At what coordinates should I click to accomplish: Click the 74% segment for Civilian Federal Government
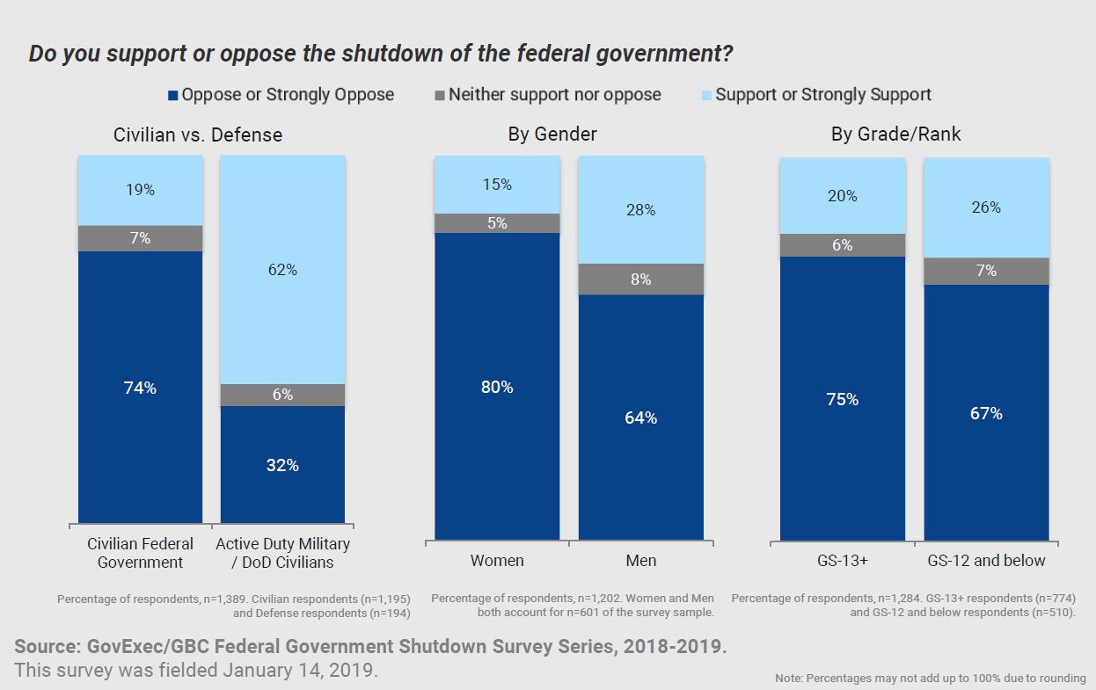(140, 388)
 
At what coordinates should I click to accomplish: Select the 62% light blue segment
(282, 270)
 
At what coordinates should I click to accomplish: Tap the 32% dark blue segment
(282, 465)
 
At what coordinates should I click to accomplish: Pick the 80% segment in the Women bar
(497, 387)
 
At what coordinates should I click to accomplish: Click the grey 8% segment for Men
(640, 280)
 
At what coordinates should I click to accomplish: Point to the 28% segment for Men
(640, 210)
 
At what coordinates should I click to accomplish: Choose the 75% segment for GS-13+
(843, 399)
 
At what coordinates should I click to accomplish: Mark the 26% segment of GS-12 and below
(987, 207)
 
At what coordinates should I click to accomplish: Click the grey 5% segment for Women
(497, 223)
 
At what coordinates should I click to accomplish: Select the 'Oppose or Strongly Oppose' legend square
(173, 95)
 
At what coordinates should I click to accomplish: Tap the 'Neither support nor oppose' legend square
(439, 95)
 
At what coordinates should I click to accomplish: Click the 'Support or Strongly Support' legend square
(706, 95)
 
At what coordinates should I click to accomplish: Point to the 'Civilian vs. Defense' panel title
(198, 135)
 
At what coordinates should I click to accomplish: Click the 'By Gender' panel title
(552, 134)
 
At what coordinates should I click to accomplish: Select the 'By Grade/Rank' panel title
(896, 134)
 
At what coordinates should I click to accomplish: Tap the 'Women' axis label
(497, 560)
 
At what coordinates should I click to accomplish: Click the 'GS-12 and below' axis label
(987, 560)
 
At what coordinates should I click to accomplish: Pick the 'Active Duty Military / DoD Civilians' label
(282, 553)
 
